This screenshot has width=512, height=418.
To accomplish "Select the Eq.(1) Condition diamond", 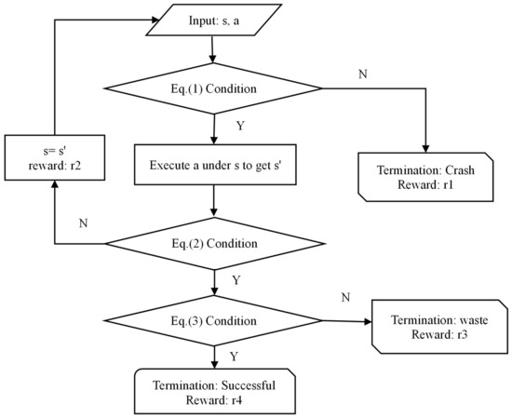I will pos(213,90).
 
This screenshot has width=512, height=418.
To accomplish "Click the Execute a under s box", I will pos(213,167).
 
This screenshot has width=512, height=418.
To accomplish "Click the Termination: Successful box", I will pos(213,389).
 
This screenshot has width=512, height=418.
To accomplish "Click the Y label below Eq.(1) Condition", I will pos(240,124).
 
